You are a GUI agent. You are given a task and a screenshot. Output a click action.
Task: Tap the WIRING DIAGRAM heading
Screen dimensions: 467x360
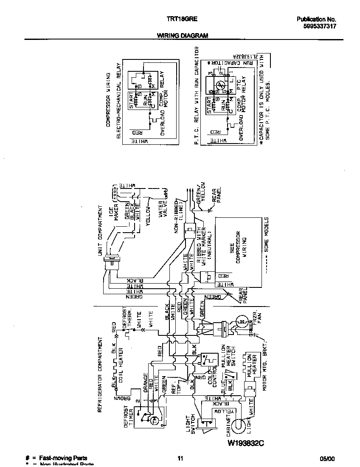(x=183, y=36)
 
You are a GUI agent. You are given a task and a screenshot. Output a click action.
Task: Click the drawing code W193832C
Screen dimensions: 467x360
(x=246, y=443)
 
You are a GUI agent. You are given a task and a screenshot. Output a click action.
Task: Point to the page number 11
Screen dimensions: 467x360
(x=180, y=459)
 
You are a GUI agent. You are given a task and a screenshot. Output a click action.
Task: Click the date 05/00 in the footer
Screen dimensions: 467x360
(x=327, y=459)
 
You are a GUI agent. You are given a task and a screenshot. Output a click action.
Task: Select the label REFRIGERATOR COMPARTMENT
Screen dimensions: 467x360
(x=101, y=375)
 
